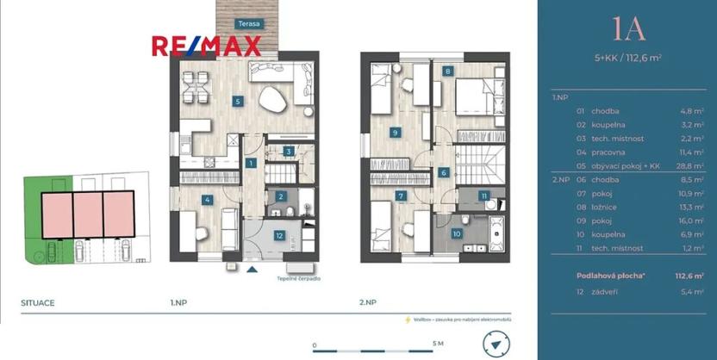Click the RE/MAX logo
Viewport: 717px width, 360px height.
pyautogui.click(x=206, y=47)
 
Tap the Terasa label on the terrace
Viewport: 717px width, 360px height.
pyautogui.click(x=250, y=25)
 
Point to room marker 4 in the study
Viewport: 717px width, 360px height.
pyautogui.click(x=207, y=201)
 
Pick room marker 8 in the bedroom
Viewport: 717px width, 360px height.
pyautogui.click(x=448, y=71)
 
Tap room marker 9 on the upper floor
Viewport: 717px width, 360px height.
pyautogui.click(x=394, y=133)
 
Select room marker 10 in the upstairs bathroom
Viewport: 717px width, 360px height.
pyautogui.click(x=456, y=233)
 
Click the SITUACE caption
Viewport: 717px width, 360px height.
pyautogui.click(x=38, y=303)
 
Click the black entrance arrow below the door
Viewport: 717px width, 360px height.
pyautogui.click(x=252, y=270)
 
